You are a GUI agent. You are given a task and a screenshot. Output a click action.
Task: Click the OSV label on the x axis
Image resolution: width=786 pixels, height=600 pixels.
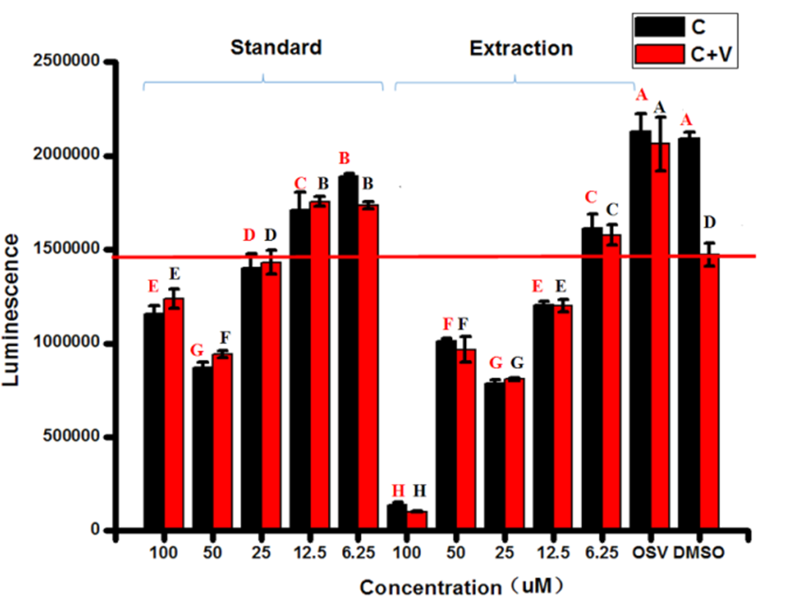[x=650, y=553]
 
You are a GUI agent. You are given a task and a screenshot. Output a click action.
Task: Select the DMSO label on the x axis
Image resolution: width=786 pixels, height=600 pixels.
[x=699, y=553]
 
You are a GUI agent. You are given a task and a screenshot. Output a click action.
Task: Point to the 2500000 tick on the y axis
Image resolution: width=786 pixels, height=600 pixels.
[x=67, y=61]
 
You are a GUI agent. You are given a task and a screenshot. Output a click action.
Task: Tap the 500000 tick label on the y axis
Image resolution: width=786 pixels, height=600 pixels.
[x=71, y=436]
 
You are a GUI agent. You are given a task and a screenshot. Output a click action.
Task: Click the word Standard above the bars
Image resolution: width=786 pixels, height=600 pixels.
[x=276, y=48]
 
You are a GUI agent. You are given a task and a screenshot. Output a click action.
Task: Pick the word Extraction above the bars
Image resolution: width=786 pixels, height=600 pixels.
[x=522, y=49]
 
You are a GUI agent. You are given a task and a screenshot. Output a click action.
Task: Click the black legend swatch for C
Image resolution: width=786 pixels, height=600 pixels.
[x=659, y=27]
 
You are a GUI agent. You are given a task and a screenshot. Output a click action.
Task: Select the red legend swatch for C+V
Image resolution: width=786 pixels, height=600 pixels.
[x=659, y=54]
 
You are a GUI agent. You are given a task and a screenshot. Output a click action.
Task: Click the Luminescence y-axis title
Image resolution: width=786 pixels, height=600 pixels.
[x=10, y=310]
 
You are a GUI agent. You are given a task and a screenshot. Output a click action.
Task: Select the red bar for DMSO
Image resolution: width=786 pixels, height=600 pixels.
[x=709, y=391]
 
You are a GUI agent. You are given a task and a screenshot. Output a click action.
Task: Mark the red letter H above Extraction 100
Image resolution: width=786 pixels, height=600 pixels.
[x=398, y=491]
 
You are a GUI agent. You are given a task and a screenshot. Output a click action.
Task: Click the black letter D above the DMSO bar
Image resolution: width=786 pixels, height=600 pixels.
[x=710, y=222]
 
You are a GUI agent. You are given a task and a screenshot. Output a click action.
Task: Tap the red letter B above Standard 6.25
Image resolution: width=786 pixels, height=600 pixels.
[x=344, y=159]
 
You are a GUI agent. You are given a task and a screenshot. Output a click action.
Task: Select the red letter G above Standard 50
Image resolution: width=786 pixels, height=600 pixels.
[x=197, y=350]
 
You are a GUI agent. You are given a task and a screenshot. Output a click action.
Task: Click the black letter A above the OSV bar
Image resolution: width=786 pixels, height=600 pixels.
[x=660, y=107]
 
